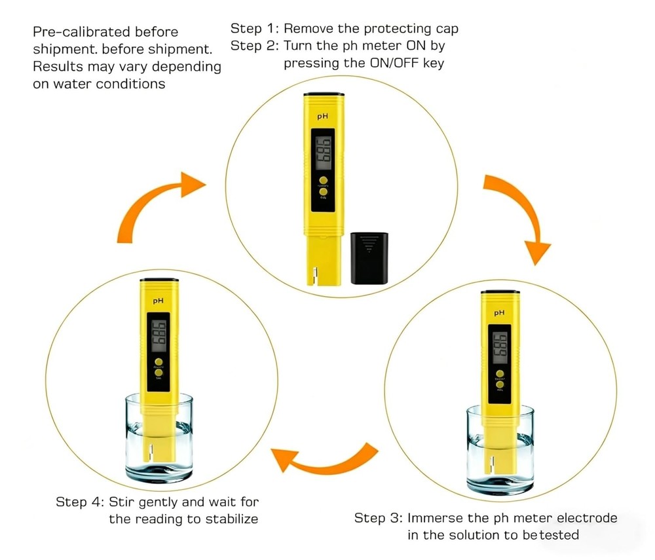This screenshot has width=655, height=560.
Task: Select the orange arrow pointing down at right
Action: click(x=514, y=216)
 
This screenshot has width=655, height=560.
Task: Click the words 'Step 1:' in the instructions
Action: click(x=254, y=29)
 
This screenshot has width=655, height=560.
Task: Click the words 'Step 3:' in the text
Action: click(x=378, y=518)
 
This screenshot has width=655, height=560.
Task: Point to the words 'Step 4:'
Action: click(x=79, y=502)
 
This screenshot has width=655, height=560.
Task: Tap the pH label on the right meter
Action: click(x=499, y=313)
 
